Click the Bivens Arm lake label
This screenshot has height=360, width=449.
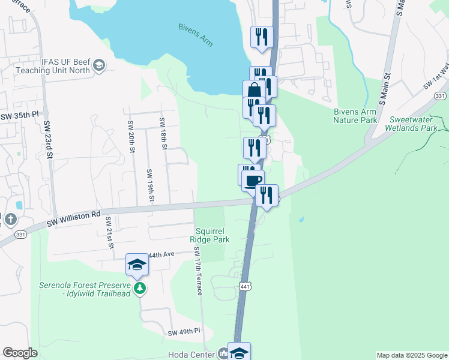pos(196,35)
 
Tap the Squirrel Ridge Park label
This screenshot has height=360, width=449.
pos(210,235)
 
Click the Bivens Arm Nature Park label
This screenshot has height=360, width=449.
pos(355,116)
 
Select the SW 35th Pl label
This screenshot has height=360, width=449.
pos(19,115)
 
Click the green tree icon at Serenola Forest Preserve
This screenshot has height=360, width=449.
pos(140,289)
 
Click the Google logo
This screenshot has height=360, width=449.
pos(20,353)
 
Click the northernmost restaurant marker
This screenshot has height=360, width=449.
pos(262,37)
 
